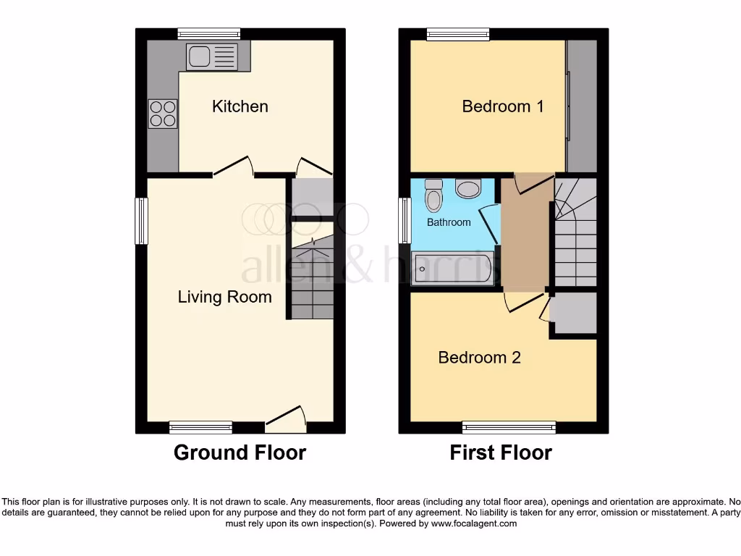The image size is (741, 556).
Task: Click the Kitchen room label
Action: tap(240, 106)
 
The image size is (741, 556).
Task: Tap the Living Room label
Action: tap(224, 297)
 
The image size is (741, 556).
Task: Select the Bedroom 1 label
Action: tap(502, 106)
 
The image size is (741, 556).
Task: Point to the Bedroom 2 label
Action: tap(479, 357)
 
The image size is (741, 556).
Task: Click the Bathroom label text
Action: tap(448, 222)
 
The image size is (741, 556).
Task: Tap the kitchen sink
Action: tap(211, 56)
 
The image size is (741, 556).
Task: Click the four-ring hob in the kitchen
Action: tap(163, 114)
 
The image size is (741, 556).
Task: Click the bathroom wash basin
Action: tap(468, 189)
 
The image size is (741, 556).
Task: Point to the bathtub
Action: tap(452, 269)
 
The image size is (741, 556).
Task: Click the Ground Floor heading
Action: tap(240, 453)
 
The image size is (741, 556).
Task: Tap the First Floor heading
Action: tap(501, 453)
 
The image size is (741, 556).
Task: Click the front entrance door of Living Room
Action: tap(286, 418)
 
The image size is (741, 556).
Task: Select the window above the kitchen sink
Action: tap(209, 33)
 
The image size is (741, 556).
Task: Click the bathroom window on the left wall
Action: tap(405, 221)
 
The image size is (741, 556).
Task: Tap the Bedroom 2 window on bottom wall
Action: tap(509, 427)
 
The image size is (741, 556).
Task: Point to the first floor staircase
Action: tap(575, 232)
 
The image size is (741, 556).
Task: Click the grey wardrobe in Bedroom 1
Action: tap(582, 106)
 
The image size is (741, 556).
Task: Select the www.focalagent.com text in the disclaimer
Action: tap(474, 523)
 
